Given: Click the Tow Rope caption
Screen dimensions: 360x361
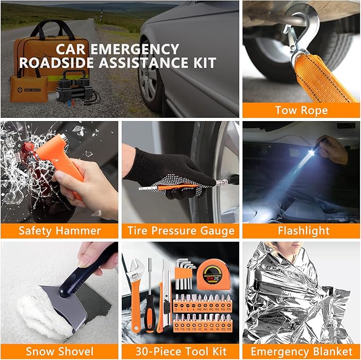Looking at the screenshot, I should [300, 110].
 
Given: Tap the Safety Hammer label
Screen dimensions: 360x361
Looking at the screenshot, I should [60, 230].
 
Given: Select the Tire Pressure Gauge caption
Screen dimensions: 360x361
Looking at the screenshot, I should [180, 230].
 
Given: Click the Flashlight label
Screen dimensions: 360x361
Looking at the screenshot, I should [300, 230].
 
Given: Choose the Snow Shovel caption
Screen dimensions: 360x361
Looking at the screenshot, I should [60, 351].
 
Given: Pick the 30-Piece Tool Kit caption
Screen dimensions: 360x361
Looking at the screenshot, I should [180, 351].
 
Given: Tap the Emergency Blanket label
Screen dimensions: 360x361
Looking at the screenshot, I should [300, 351].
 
